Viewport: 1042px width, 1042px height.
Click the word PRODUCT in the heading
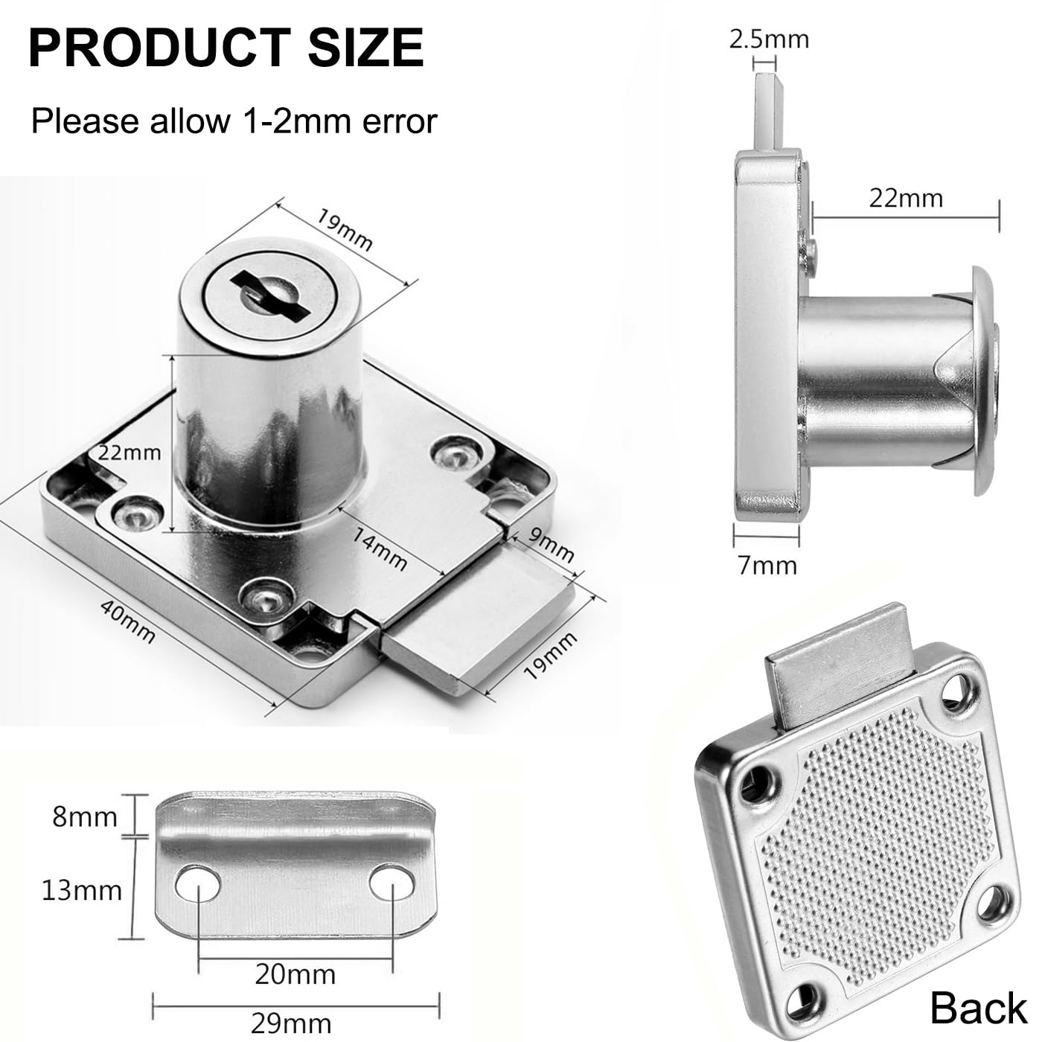(x=158, y=48)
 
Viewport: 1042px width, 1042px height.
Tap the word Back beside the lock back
(x=977, y=1009)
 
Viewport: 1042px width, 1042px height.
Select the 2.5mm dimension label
(x=769, y=39)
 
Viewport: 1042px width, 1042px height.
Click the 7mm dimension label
(x=767, y=566)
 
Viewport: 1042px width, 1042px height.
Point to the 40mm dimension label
(x=128, y=621)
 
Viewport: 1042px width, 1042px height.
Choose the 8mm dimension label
(x=85, y=817)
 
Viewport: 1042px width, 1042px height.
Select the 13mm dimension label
(x=81, y=890)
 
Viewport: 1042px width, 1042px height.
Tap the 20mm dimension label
(x=295, y=974)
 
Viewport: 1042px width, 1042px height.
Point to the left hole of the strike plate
(x=198, y=883)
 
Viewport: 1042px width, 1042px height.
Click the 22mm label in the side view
(x=906, y=198)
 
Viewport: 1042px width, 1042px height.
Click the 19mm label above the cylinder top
(x=344, y=230)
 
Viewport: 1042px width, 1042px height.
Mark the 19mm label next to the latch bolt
(x=550, y=656)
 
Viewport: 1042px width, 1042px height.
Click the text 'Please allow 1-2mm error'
(x=234, y=121)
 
